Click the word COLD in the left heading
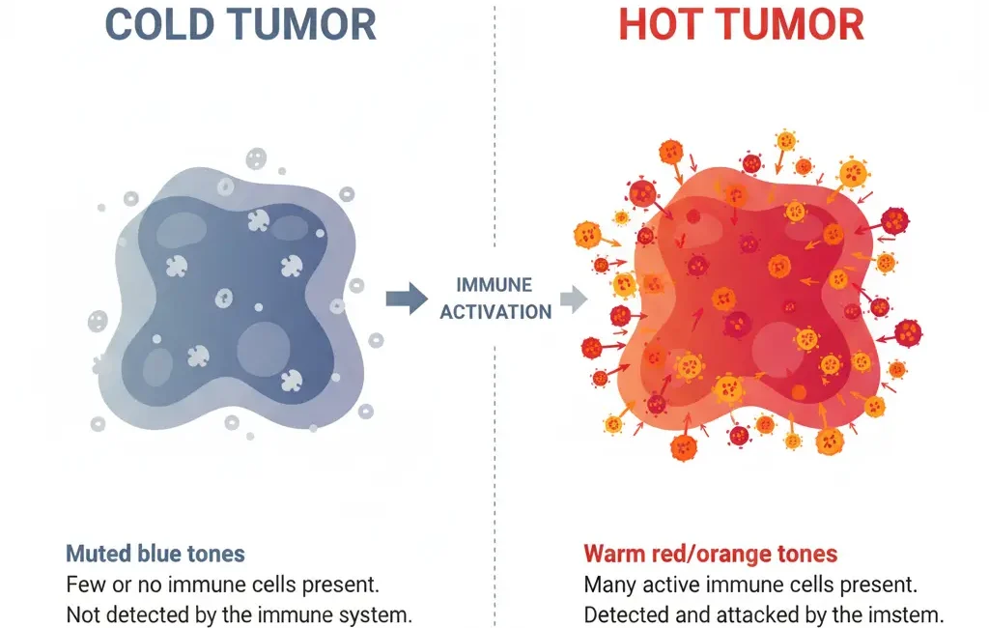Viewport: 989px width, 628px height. [x=159, y=24]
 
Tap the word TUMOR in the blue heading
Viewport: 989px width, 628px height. [x=302, y=24]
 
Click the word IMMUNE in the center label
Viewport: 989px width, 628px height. [x=494, y=285]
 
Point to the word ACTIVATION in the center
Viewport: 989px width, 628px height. [x=495, y=312]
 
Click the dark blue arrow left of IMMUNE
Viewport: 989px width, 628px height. [x=407, y=299]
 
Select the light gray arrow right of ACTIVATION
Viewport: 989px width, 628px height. [x=574, y=299]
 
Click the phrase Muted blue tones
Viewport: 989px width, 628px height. [x=155, y=554]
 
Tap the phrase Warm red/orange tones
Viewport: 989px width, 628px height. [x=710, y=554]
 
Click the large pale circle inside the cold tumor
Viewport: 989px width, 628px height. [x=264, y=349]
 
